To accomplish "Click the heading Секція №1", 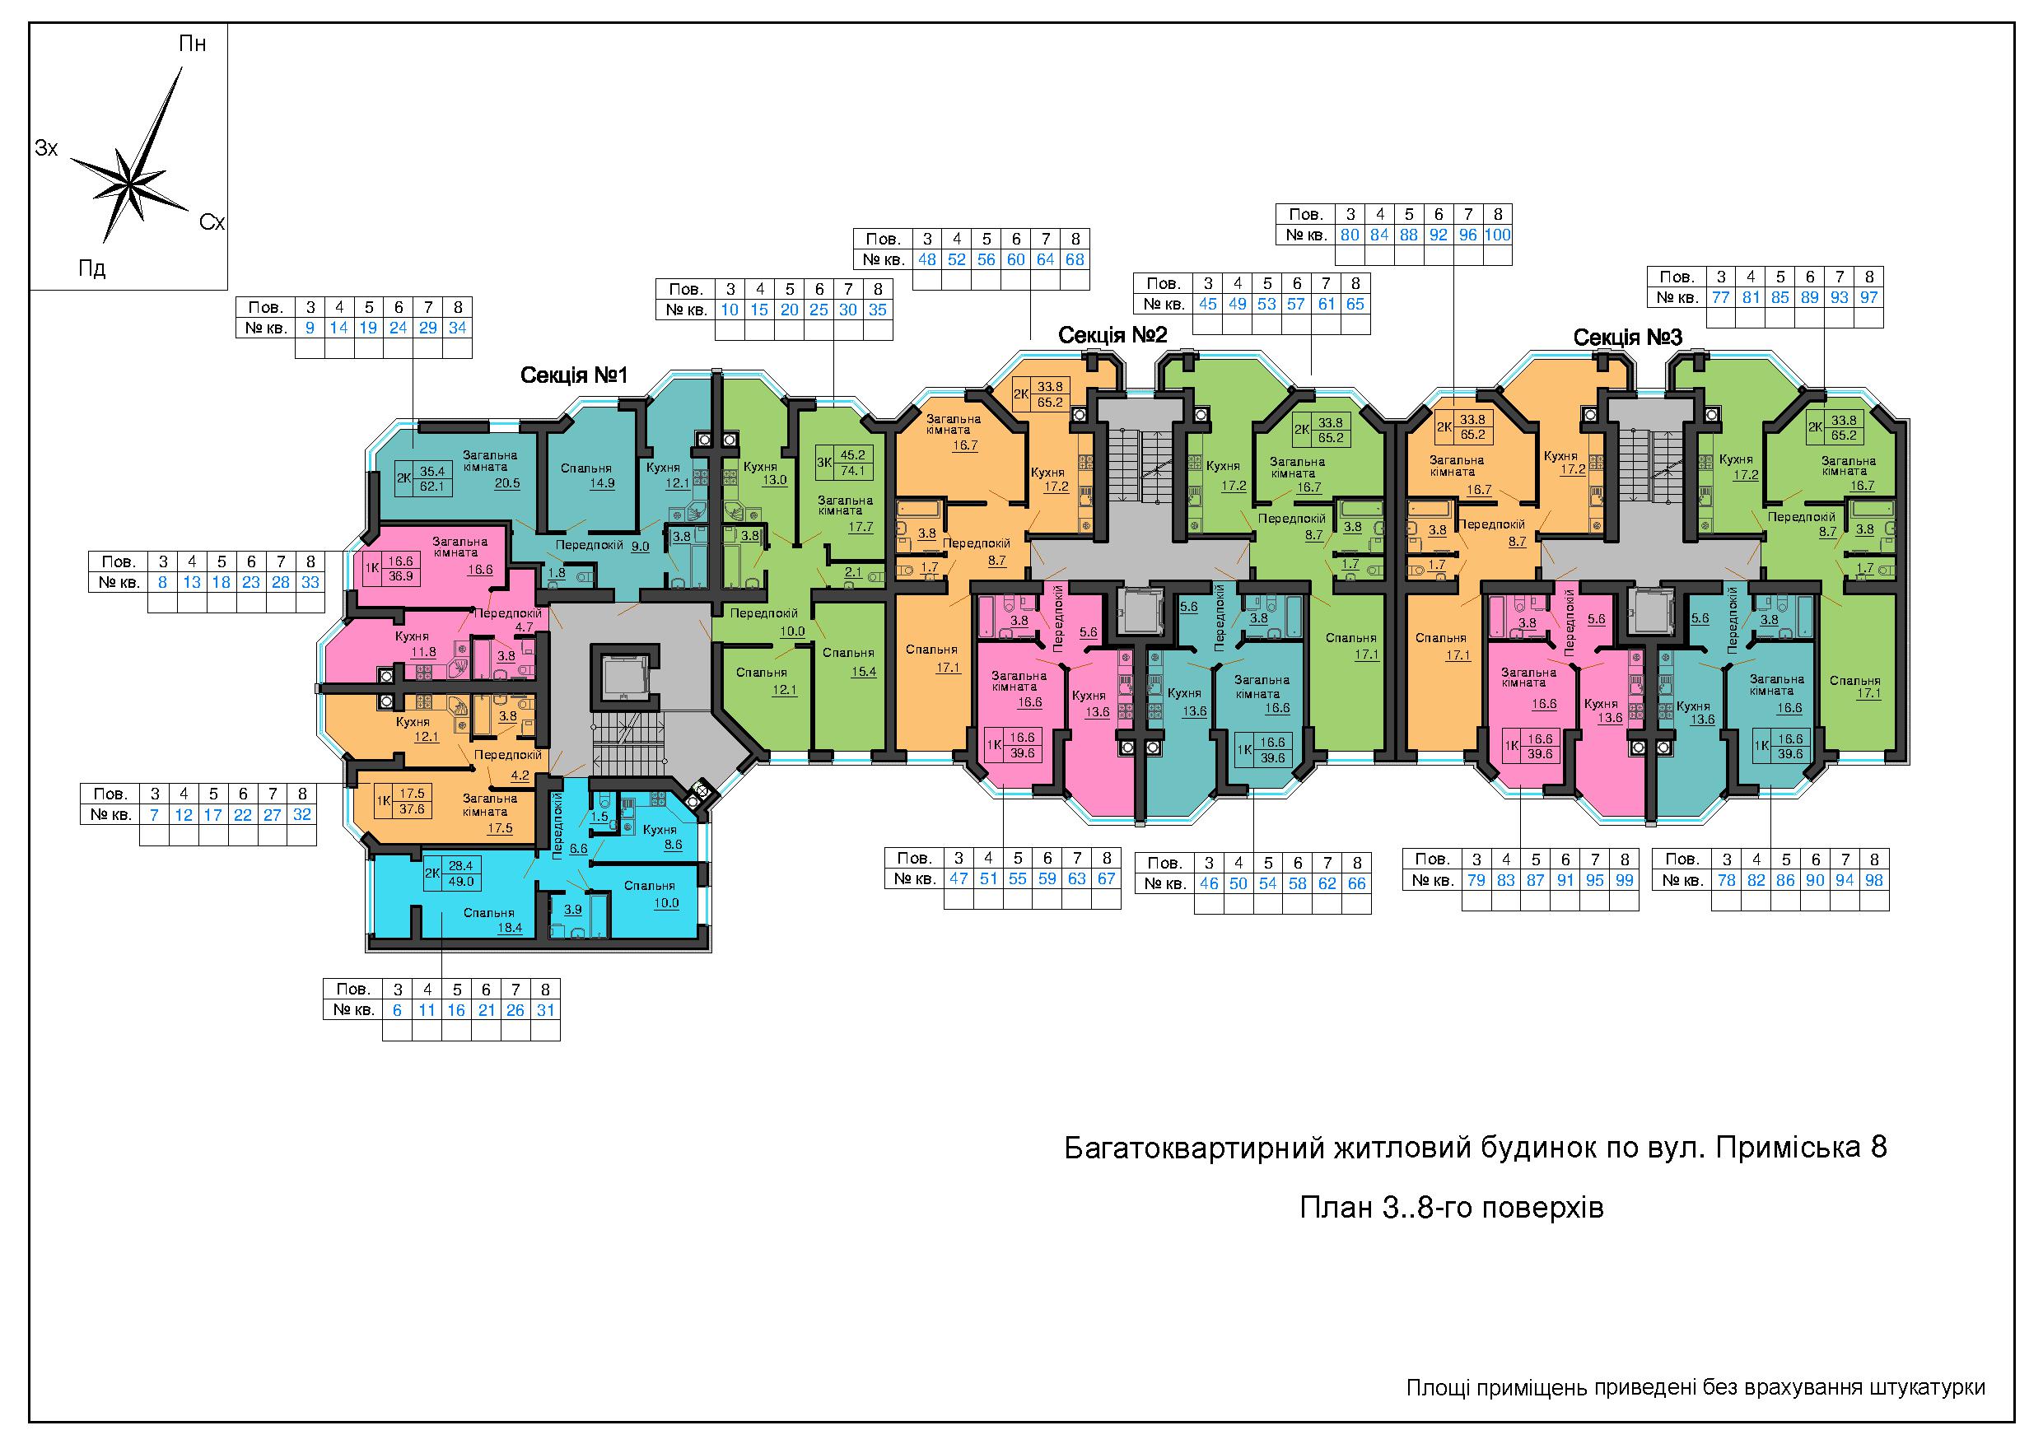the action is point(574,375).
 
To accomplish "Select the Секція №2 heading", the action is point(1112,335).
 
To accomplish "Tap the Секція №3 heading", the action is point(1627,338).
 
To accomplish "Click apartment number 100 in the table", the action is point(1498,235).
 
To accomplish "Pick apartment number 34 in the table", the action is point(457,328).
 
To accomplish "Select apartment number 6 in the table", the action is point(397,1010).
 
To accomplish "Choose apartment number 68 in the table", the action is point(1075,260).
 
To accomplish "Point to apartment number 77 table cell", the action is point(1721,297).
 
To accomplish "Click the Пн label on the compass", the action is point(192,44).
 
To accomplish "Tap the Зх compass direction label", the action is point(46,147).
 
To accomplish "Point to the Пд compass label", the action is point(91,268).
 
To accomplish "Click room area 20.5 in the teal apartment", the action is point(507,483).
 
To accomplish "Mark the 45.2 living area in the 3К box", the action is point(852,454).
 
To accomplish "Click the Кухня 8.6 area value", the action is point(673,845).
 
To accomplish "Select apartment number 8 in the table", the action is point(163,583).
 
